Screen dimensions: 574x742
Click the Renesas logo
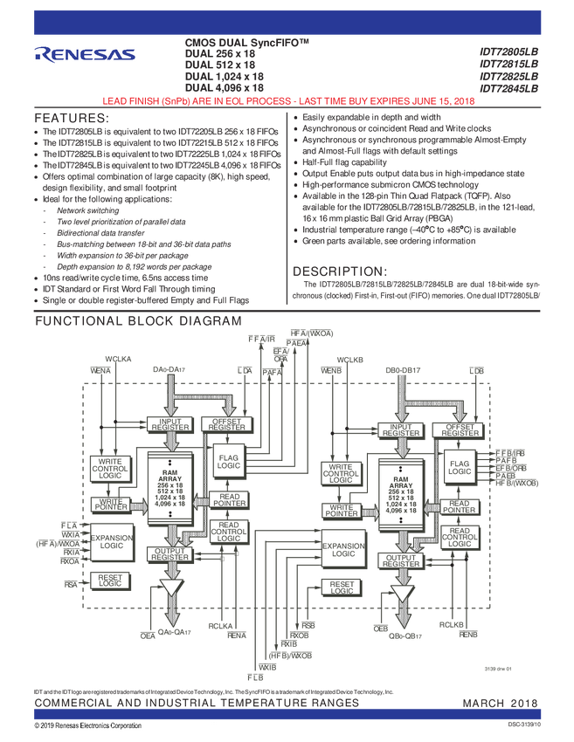click(85, 54)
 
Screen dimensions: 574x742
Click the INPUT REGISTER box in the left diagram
click(170, 424)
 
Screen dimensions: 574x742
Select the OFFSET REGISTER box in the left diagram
click(228, 424)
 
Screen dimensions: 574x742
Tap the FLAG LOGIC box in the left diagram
click(229, 461)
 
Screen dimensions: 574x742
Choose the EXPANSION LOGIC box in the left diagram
click(111, 539)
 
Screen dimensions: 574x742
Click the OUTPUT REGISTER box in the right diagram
click(401, 560)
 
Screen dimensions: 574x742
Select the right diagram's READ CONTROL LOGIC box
click(460, 535)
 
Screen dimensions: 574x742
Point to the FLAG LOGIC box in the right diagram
click(460, 467)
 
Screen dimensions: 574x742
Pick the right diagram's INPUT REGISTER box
click(401, 429)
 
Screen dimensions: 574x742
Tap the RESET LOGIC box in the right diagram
click(342, 587)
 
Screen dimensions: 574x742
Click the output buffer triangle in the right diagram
click(402, 594)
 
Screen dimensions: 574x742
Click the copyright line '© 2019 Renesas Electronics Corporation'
click(88, 726)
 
